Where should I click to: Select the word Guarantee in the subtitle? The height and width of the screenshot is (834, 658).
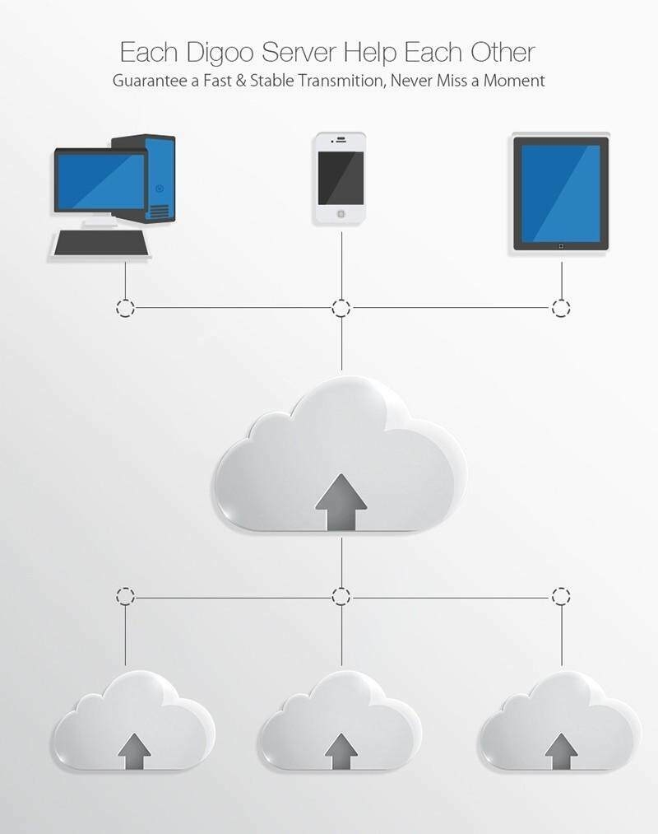[x=151, y=82]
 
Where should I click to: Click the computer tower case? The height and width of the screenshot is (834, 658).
[x=149, y=177]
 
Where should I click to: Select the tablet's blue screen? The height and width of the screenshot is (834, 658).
[x=561, y=191]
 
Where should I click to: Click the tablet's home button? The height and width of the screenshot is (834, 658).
[x=561, y=245]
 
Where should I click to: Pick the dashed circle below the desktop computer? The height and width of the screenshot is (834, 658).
[x=124, y=309]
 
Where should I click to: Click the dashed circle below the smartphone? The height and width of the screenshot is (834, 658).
[x=341, y=309]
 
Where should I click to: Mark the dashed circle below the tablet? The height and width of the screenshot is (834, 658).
[x=561, y=309]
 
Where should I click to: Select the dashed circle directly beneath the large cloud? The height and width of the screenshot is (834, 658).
[x=341, y=595]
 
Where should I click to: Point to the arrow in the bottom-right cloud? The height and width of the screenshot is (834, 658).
[x=561, y=750]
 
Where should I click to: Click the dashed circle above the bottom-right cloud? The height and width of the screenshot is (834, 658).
[x=561, y=595]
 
